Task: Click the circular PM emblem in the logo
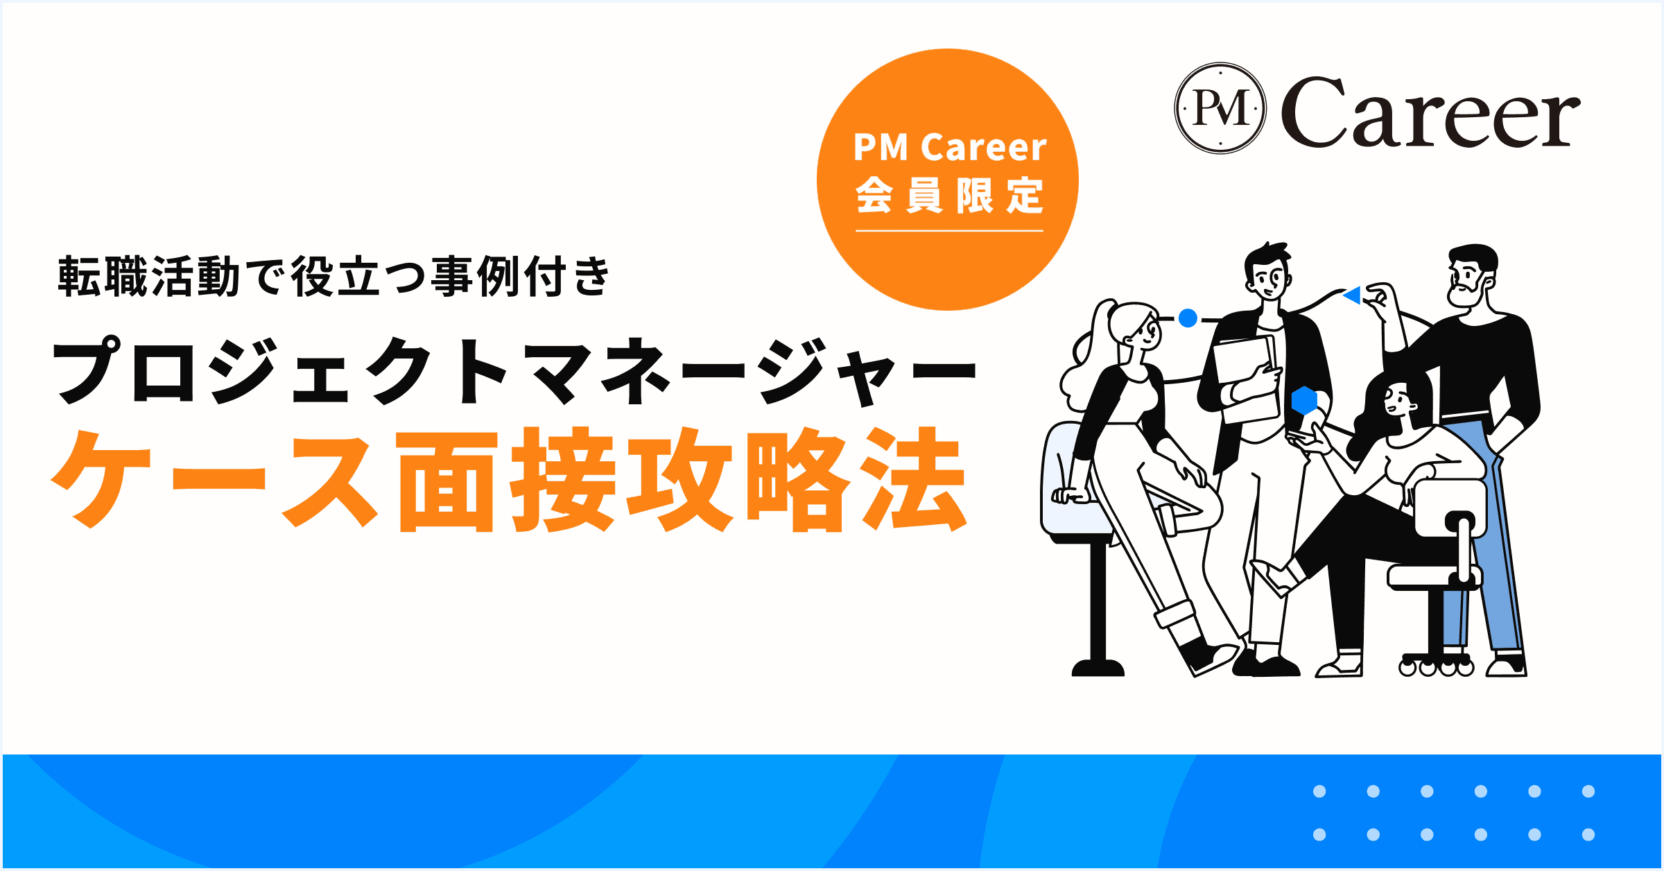[1220, 108]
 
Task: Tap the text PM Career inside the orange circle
[950, 147]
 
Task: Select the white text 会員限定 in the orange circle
[950, 195]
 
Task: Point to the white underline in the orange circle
[950, 230]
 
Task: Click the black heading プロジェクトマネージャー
[514, 371]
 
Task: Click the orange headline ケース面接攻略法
[510, 480]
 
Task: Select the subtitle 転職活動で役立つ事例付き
[333, 276]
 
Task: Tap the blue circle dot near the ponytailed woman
[1188, 318]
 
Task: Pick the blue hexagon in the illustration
[1304, 401]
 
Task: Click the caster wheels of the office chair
[1436, 668]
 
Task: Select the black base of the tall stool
[1098, 667]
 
